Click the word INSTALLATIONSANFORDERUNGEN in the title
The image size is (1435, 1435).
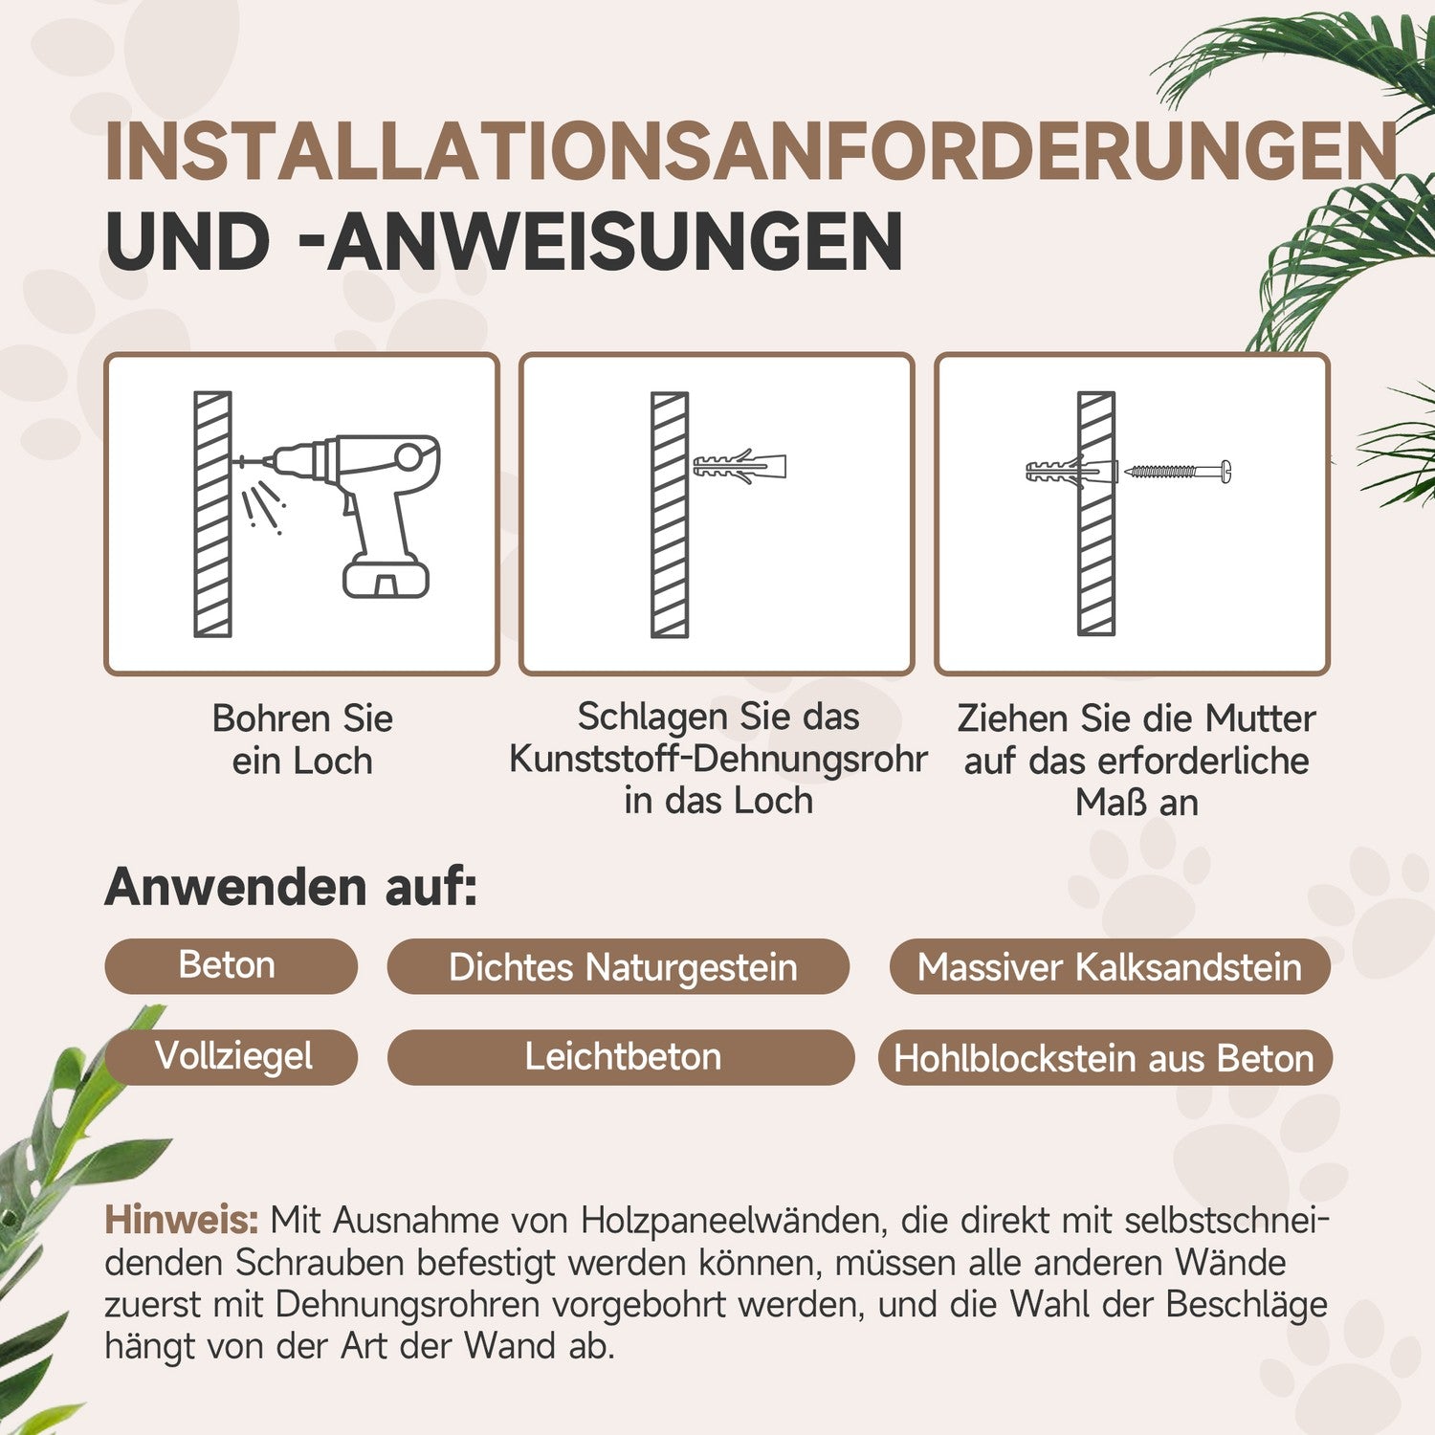point(752,151)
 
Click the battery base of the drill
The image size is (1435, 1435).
point(386,578)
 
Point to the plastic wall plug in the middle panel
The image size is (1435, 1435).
point(740,467)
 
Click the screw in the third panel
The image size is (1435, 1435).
point(1178,471)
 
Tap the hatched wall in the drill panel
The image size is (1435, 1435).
point(212,514)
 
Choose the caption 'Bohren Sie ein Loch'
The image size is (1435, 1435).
point(302,740)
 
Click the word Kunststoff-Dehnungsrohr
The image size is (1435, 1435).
point(718,759)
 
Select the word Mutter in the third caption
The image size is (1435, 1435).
point(1260,718)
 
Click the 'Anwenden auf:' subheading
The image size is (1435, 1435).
point(291,887)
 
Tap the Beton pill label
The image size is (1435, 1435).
point(231,966)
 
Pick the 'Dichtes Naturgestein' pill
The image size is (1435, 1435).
point(618,966)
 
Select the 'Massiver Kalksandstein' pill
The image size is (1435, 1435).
point(1110,966)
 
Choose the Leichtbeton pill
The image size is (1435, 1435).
point(621,1057)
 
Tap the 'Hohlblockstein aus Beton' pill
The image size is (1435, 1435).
point(1105,1057)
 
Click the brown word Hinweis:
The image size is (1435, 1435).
point(182,1221)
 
